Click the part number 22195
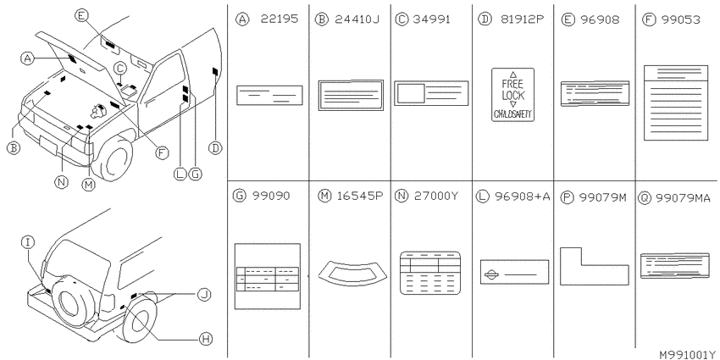coord(280,19)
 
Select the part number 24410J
coord(357,19)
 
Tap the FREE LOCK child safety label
coord(513,95)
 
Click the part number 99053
coord(681,19)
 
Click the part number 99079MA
coord(683,198)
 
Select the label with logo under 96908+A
coord(514,272)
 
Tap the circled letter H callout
coord(205,340)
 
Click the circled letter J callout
coord(204,294)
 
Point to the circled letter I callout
coord(29,242)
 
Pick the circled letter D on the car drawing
coord(215,148)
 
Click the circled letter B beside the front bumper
coord(14,148)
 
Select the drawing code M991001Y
coord(687,354)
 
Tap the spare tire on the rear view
coord(72,302)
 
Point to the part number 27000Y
coord(435,196)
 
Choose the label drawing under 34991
coord(431,93)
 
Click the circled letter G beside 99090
coord(239,196)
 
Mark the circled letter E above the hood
coord(80,15)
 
